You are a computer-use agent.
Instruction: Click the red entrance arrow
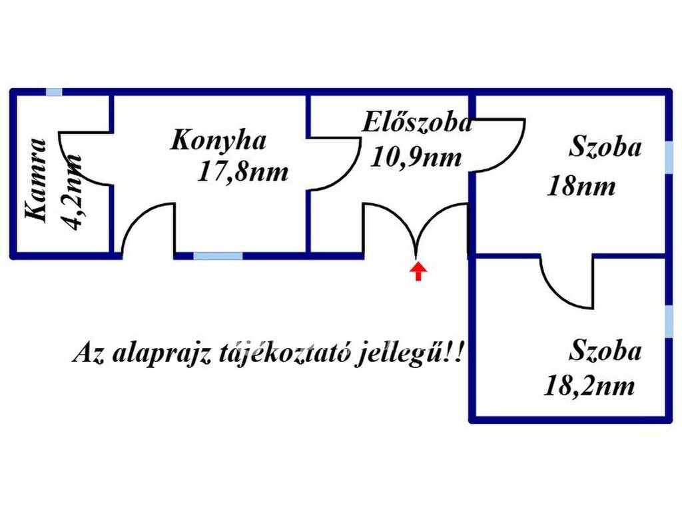418,271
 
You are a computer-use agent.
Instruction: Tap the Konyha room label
219,141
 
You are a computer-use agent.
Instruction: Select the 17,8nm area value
243,172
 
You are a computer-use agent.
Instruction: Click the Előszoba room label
418,123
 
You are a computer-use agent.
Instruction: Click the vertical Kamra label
37,180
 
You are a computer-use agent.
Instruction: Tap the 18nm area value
581,187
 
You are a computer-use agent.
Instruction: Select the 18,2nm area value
589,387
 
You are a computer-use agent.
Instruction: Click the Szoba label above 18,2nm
605,351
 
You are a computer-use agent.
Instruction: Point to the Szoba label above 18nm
605,147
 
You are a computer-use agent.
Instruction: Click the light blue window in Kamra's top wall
54,92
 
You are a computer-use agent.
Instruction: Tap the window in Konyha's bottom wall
218,255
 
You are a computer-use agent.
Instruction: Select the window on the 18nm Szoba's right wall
669,159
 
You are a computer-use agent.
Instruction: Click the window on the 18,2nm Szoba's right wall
669,321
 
